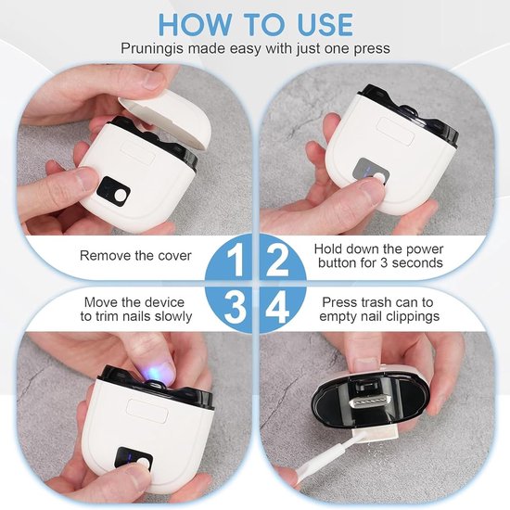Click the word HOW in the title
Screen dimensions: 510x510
(195, 24)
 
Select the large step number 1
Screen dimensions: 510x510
(236, 260)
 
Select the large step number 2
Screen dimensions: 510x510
(277, 260)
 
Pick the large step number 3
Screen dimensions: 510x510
(235, 307)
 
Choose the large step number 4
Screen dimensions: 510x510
(277, 307)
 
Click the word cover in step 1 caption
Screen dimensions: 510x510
(174, 256)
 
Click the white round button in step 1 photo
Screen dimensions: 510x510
(121, 196)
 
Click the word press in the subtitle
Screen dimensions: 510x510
(372, 49)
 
